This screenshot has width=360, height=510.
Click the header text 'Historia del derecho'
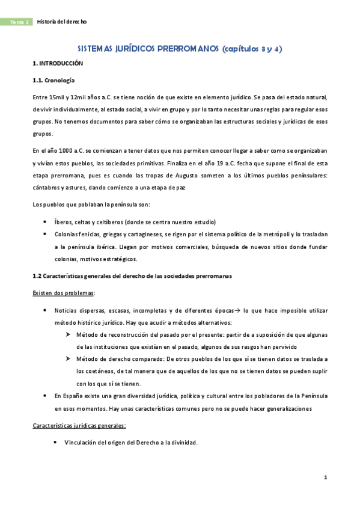62,22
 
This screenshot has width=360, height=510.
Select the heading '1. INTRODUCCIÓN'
57,63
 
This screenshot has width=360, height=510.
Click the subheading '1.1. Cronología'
53,81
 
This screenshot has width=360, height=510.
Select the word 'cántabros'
47,188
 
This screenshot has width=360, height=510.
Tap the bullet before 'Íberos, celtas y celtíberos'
46,221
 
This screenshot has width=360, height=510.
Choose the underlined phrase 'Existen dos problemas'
63,292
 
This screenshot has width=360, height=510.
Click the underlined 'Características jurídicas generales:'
79,425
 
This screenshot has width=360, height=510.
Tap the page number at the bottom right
325,478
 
